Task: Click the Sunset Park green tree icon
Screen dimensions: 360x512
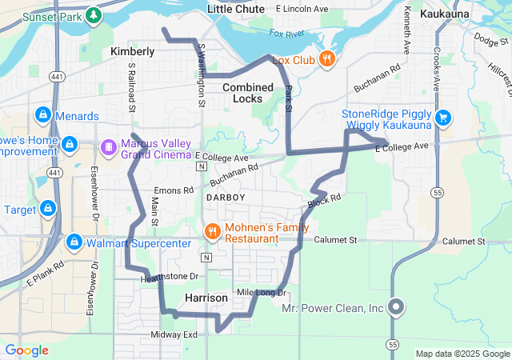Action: point(94,15)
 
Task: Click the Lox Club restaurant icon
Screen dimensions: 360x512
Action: point(327,59)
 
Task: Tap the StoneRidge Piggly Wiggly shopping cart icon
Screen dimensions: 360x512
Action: point(442,119)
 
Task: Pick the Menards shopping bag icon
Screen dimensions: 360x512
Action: point(44,115)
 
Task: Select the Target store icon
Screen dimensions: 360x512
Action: point(48,209)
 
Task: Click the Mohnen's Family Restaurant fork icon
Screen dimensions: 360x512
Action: point(212,232)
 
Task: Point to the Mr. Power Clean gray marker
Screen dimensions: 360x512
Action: point(395,307)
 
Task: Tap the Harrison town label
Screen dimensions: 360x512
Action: point(206,298)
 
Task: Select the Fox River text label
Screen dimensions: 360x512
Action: point(287,34)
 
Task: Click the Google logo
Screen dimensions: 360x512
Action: point(26,350)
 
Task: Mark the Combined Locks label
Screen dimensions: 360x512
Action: point(248,92)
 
